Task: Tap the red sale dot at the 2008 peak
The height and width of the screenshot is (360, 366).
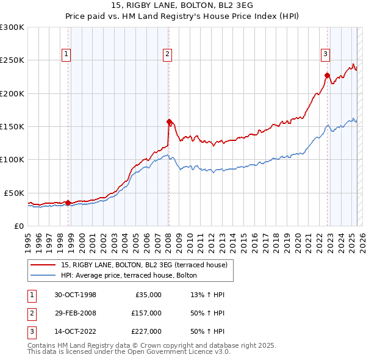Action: pos(169,121)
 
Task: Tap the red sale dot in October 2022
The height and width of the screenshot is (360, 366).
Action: pos(327,75)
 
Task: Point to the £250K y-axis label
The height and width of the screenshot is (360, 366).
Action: pos(12,60)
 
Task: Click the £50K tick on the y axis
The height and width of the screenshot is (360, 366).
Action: pos(15,193)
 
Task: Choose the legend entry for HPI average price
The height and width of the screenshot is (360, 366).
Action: pos(128,275)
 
